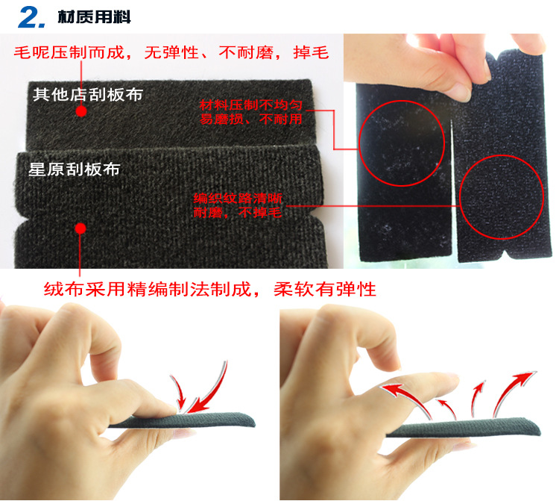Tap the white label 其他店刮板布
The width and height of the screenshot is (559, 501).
click(x=87, y=95)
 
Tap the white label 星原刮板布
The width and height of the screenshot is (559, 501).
click(x=74, y=169)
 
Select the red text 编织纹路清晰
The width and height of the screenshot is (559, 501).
click(x=238, y=199)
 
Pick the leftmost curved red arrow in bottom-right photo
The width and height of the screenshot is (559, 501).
click(x=402, y=395)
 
